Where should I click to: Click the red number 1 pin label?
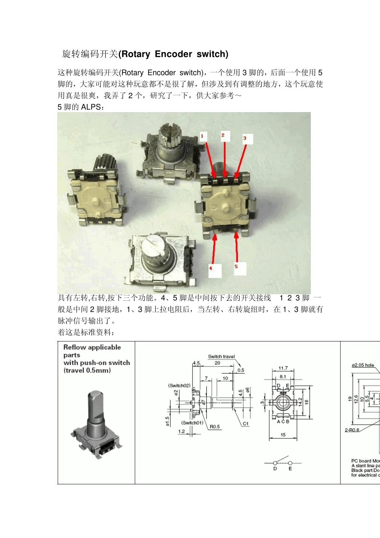tap(202, 136)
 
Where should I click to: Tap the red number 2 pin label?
tap(223, 135)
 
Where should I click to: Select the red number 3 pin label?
tap(245, 138)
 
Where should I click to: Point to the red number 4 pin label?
tap(211, 268)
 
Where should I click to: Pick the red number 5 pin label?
tap(236, 267)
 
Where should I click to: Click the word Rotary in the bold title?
tap(135, 54)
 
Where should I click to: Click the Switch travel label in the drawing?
tap(221, 356)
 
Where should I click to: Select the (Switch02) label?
tap(179, 385)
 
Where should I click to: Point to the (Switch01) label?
tap(192, 423)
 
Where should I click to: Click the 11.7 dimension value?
tap(283, 368)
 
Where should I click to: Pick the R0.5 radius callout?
tap(215, 427)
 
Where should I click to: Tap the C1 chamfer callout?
tap(246, 424)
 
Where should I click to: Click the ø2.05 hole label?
tap(363, 365)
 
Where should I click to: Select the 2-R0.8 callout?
tap(352, 430)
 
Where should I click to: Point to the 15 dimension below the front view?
tap(283, 435)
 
